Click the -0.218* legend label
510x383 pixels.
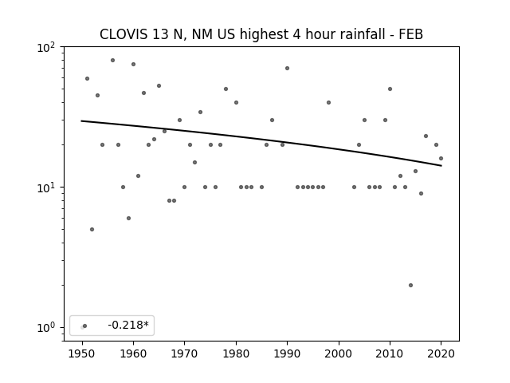[128, 325]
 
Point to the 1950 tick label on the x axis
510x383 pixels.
[82, 353]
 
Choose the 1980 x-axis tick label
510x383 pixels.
[236, 353]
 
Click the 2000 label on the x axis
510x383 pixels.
[339, 353]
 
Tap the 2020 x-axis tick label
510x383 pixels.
[441, 353]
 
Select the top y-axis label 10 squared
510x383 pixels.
[46, 48]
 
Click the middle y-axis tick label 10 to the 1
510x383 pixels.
[46, 188]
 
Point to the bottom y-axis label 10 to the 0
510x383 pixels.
[46, 328]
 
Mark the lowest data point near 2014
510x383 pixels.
[410, 286]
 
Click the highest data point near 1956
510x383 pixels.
[112, 61]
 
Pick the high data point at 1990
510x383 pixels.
[287, 69]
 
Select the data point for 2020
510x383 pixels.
[441, 159]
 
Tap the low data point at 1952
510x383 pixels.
[92, 230]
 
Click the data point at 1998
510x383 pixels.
[328, 103]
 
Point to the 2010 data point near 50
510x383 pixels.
[390, 89]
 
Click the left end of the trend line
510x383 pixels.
[81, 120]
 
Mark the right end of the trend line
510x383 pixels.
[441, 166]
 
